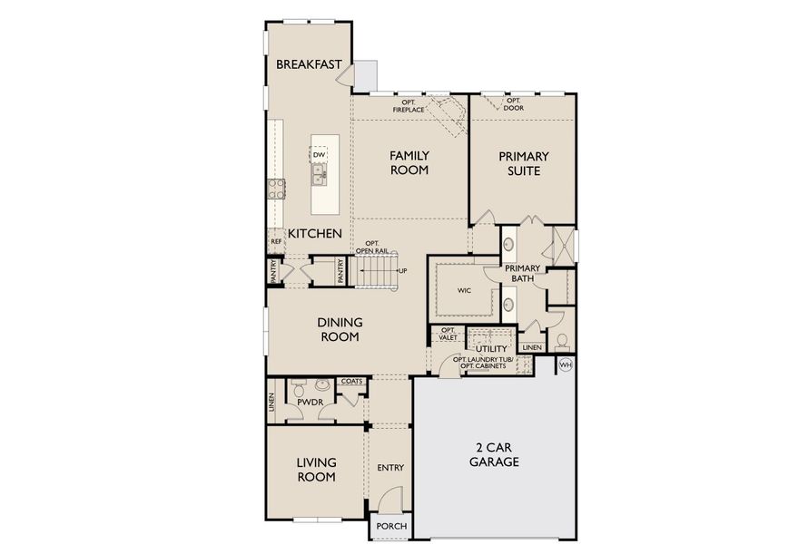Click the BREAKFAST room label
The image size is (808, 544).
309,64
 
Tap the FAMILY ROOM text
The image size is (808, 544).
409,163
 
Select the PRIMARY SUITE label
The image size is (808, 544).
524,163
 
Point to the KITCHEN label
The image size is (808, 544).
315,234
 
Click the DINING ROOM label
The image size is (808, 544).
340,329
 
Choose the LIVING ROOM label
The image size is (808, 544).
316,470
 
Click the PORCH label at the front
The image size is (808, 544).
391,527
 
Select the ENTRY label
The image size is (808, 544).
390,468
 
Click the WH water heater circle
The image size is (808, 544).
566,364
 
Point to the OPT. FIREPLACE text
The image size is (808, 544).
409,106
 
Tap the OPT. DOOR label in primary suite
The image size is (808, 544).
514,104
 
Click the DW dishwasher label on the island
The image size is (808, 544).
319,155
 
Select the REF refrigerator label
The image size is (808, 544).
275,242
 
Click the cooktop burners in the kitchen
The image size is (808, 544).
276,189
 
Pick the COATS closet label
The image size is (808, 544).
351,382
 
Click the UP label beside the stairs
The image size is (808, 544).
401,270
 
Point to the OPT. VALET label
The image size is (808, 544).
448,335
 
